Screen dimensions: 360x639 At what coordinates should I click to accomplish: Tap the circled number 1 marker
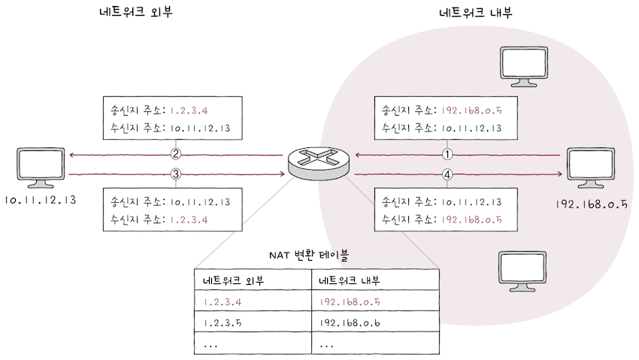tap(448, 155)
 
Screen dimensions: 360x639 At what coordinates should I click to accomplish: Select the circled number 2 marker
tap(176, 155)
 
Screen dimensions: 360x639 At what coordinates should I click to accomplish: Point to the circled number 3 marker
tap(176, 175)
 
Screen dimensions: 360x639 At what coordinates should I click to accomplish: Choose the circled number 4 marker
tap(448, 175)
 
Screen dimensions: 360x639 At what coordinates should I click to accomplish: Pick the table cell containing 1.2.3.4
tap(253, 302)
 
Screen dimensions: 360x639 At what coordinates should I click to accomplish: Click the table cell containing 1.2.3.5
tap(253, 323)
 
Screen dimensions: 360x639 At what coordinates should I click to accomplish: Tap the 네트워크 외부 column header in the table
tap(253, 280)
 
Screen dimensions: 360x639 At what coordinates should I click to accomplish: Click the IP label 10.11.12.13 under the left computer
tap(41, 201)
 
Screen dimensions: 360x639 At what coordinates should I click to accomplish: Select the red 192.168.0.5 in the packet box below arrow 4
tap(472, 219)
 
